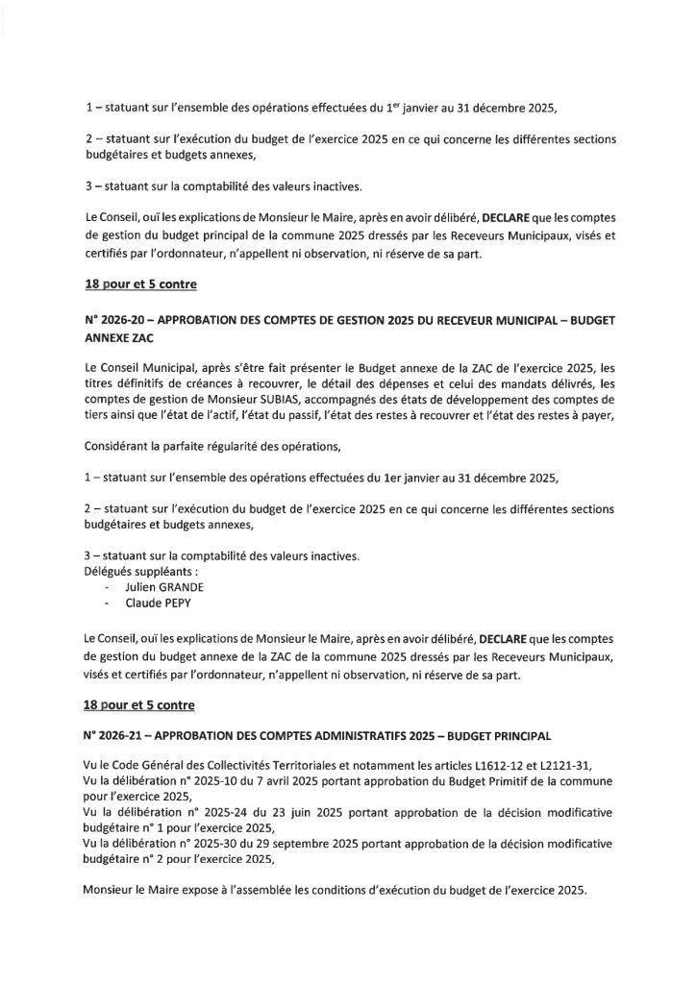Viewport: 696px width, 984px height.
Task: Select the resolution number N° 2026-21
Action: point(118,736)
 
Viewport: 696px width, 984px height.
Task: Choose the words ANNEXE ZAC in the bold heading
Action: point(125,339)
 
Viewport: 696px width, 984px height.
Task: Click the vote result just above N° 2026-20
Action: point(138,285)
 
